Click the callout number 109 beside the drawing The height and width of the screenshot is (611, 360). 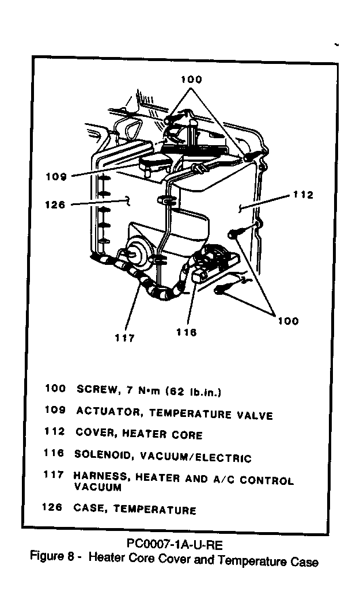pos(56,177)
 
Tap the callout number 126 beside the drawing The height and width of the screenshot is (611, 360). pos(55,204)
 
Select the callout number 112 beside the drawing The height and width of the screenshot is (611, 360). pos(303,195)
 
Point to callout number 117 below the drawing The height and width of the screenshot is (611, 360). pos(124,338)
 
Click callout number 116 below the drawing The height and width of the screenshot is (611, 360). pos(186,332)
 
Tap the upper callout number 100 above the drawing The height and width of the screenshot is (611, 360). pos(191,79)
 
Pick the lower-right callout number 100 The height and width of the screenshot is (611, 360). pos(288,321)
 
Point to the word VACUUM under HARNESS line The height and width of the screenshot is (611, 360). pos(97,487)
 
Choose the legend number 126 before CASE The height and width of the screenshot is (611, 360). pos(52,507)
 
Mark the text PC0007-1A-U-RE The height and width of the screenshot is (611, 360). pos(175,544)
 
